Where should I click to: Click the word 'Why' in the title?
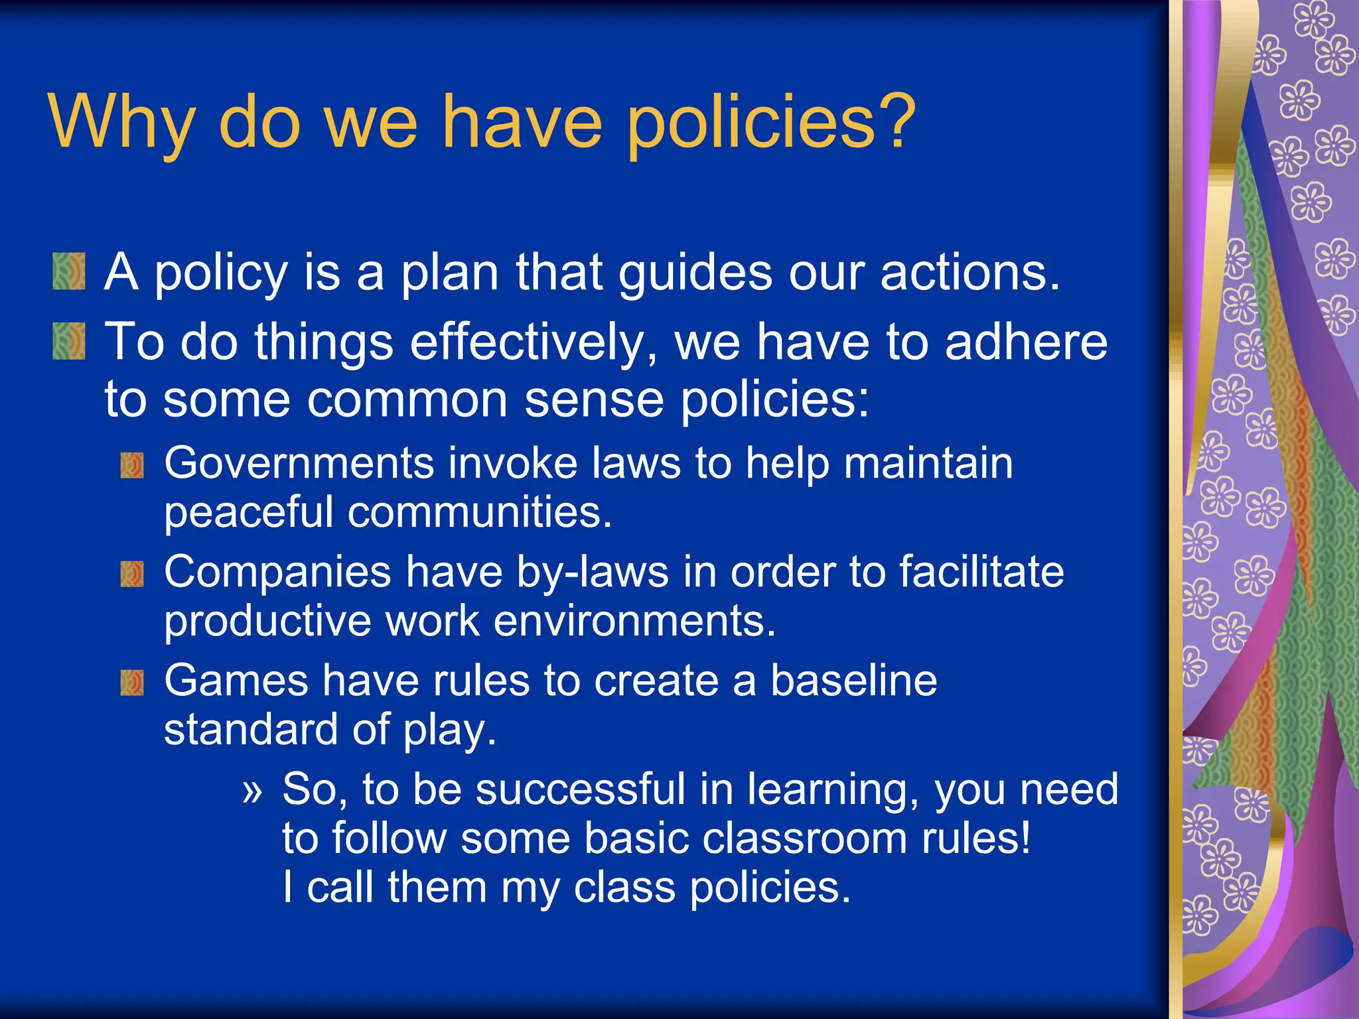point(121,123)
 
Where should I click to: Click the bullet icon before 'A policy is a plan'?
point(69,271)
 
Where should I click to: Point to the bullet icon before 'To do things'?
point(69,341)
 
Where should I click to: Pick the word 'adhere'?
point(1026,342)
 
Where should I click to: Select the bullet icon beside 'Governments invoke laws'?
point(132,465)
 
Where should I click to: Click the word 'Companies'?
point(277,572)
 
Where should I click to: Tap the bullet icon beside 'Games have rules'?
point(132,683)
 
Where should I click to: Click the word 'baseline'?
point(853,681)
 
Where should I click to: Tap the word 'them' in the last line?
point(437,888)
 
